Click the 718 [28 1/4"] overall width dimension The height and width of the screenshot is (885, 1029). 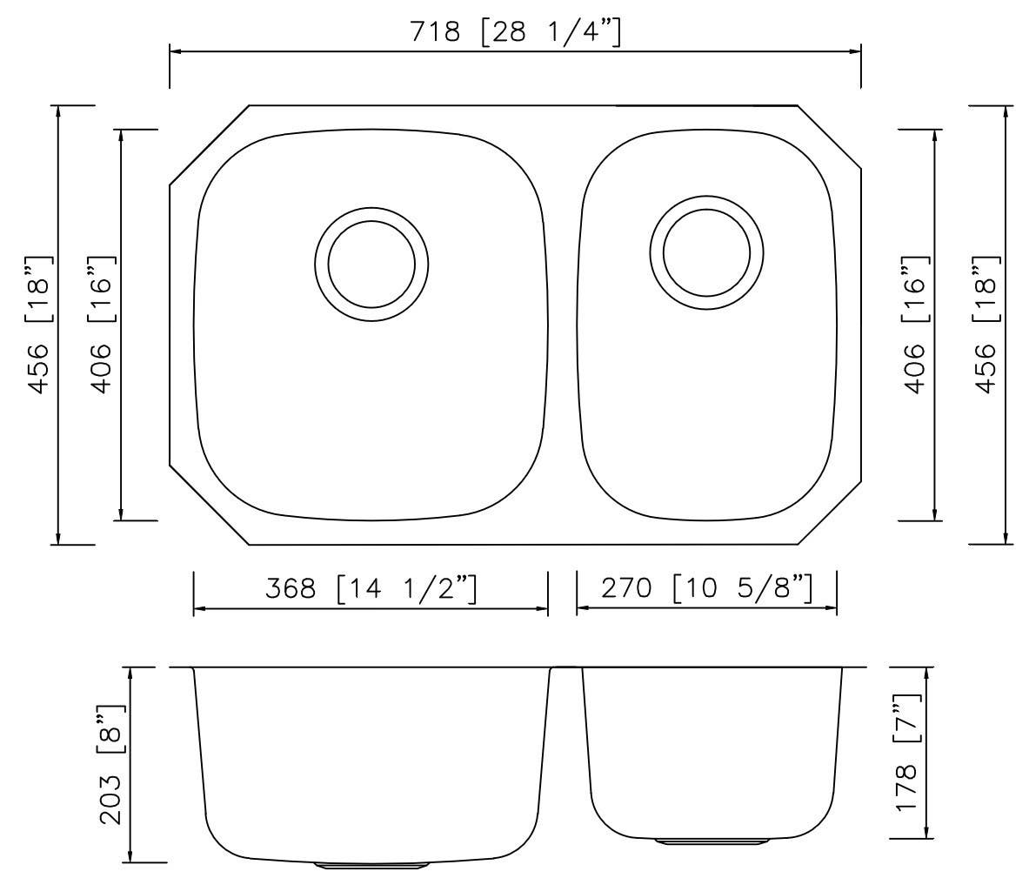pyautogui.click(x=515, y=32)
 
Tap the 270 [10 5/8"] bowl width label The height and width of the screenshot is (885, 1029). pyautogui.click(x=706, y=588)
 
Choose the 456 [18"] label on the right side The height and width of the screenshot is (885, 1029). pyautogui.click(x=986, y=325)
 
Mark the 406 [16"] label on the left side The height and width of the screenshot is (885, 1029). pyautogui.click(x=101, y=325)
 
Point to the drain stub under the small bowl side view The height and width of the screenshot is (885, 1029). pyautogui.click(x=712, y=842)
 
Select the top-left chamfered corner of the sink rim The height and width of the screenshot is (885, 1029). pyautogui.click(x=209, y=145)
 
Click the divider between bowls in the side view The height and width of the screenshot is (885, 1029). pyautogui.click(x=565, y=669)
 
